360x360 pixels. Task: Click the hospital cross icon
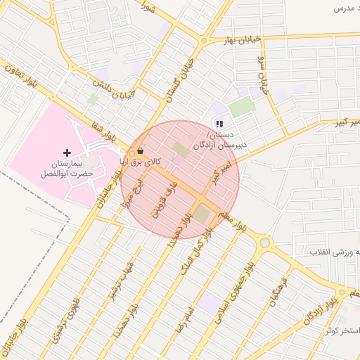pos(67,153)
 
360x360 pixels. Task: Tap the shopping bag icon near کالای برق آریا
pos(141,150)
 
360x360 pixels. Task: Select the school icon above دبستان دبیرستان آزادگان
pos(219,124)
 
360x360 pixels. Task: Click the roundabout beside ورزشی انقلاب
pos(264,243)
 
